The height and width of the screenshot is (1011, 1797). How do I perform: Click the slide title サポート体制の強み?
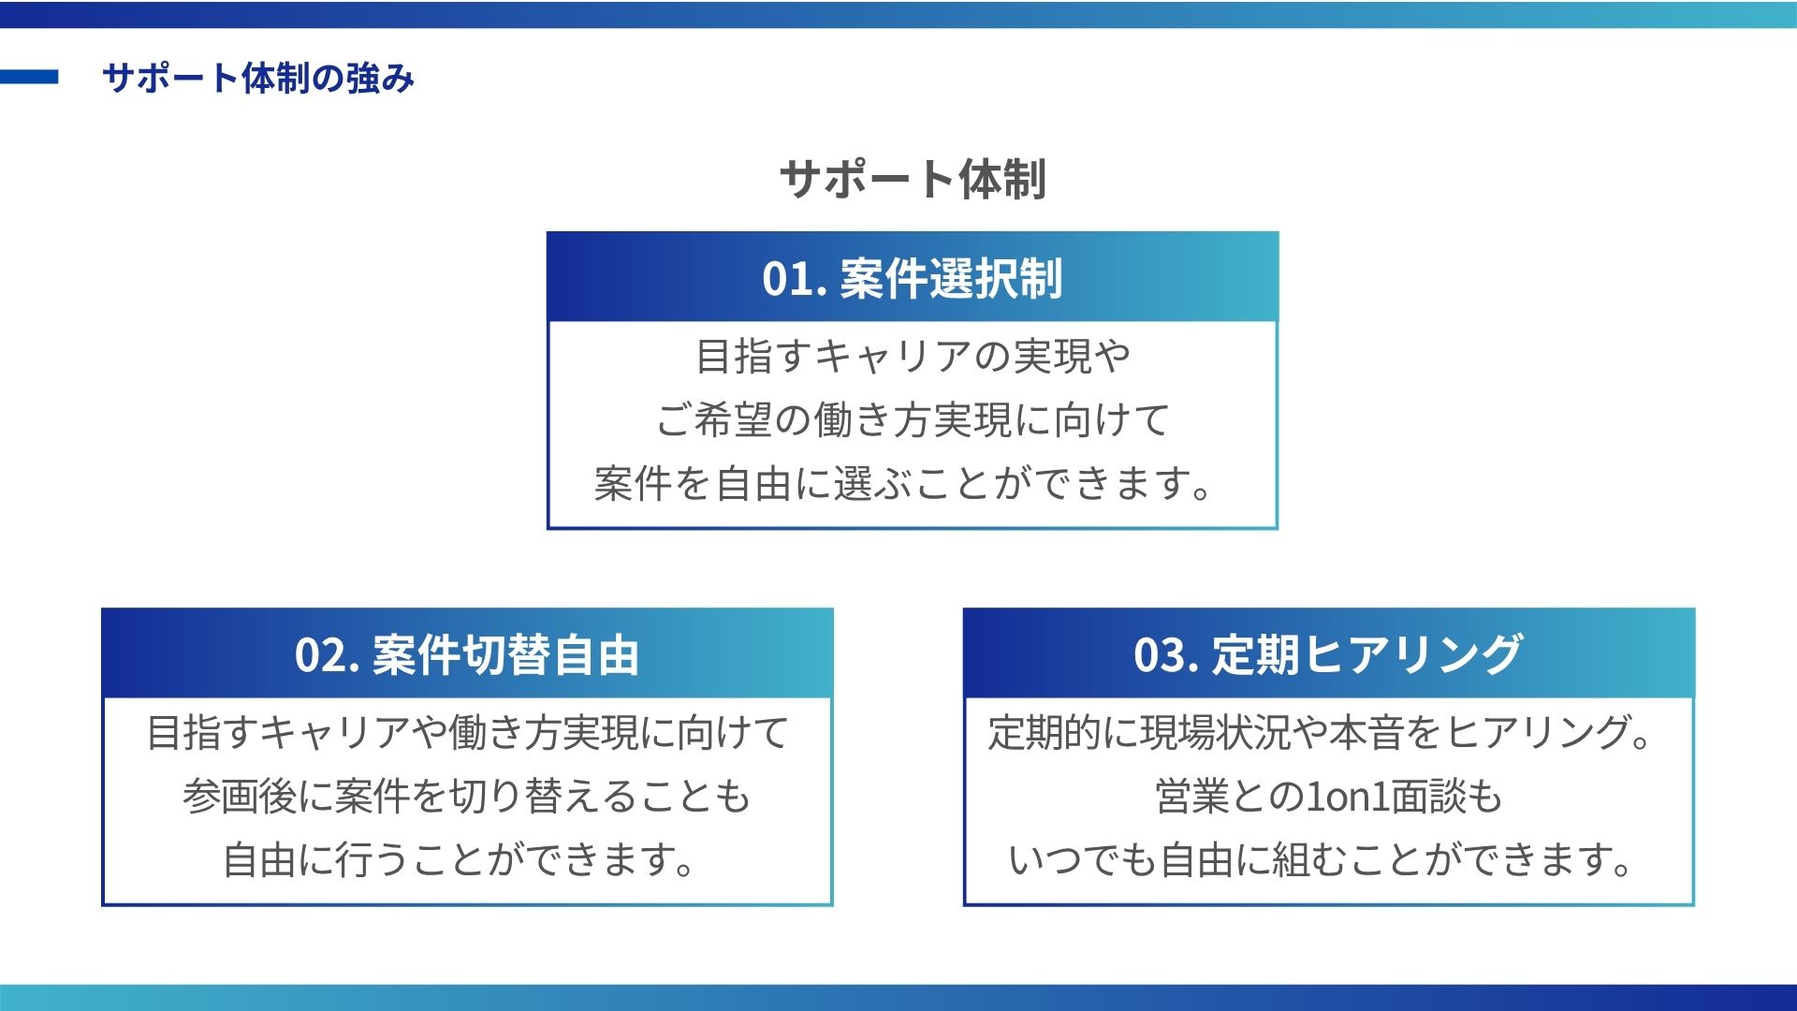coord(257,78)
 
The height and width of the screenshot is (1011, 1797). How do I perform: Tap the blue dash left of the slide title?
coord(29,77)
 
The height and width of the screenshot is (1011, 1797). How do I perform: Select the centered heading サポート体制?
coord(913,178)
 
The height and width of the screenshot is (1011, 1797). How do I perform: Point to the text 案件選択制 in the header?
coord(951,279)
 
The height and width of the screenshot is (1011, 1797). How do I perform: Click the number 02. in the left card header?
coord(328,655)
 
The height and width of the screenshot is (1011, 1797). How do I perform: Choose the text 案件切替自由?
coord(505,655)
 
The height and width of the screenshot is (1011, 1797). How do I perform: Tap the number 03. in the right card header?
coord(1166,655)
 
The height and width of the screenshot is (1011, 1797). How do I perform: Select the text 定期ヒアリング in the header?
coord(1367,655)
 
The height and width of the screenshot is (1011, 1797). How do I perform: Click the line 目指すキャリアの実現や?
coord(913,357)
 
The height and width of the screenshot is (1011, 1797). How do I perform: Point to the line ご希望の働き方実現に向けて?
coord(913,420)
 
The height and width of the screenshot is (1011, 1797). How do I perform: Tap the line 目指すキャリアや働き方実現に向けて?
coord(467,733)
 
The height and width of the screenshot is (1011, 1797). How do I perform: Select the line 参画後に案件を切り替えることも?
coord(467,797)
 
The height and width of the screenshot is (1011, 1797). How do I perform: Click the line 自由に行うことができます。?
coord(459,860)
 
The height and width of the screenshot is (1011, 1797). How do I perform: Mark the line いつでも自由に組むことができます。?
coord(1322,860)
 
